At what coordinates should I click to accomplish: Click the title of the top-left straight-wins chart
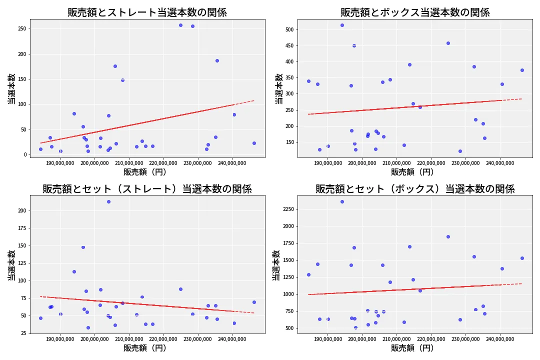pos(147,12)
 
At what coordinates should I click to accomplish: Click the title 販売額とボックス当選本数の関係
pos(415,12)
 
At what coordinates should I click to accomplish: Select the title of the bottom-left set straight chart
pos(147,189)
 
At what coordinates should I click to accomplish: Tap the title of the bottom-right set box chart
pos(415,189)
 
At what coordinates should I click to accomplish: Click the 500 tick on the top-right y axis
pos(288,29)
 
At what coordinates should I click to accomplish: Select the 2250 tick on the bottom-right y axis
pos(286,209)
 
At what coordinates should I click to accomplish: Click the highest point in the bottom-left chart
pos(108,201)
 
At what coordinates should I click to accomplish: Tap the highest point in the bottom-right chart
pos(342,201)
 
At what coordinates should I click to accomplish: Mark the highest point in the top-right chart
pos(342,25)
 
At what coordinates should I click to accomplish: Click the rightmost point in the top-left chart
pos(254,143)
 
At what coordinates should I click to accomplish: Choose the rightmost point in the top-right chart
pos(522,70)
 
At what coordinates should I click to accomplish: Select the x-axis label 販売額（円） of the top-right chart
pos(412,172)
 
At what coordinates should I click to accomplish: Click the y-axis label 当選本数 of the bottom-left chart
pos(11,264)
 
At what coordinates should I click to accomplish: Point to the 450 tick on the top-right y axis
pos(288,45)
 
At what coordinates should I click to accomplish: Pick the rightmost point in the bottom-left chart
pos(254,302)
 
